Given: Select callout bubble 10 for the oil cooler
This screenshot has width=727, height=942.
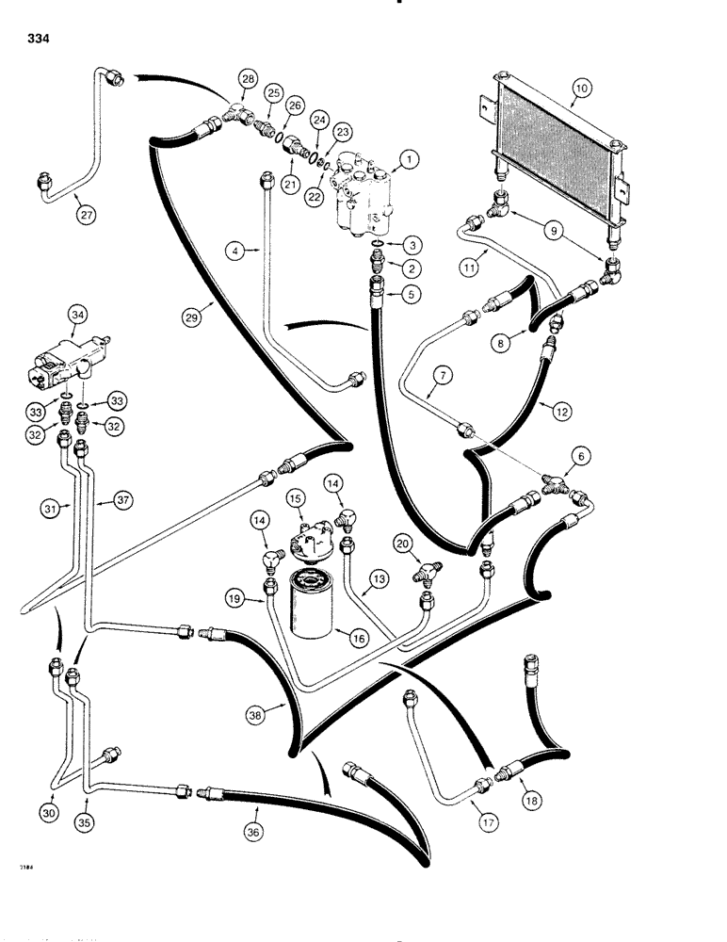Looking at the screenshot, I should coord(580,90).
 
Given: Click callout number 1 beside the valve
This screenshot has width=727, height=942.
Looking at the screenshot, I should coord(407,161).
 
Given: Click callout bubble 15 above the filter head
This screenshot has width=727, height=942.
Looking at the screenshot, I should coord(297,495).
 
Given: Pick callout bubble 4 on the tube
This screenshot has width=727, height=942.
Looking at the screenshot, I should coord(237,251).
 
